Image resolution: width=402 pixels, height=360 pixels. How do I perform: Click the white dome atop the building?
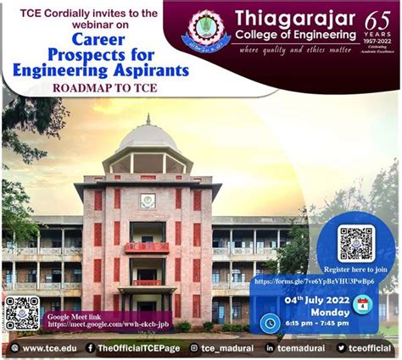coord(148,138)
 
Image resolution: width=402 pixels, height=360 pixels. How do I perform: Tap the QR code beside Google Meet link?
coord(21,313)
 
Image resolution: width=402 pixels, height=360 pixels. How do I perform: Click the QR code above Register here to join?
coord(355,243)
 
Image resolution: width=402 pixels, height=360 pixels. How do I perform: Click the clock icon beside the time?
coord(271,323)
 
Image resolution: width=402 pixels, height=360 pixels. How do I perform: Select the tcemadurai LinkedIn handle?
coord(296,348)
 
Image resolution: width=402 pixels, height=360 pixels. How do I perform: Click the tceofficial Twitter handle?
coord(368,348)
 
